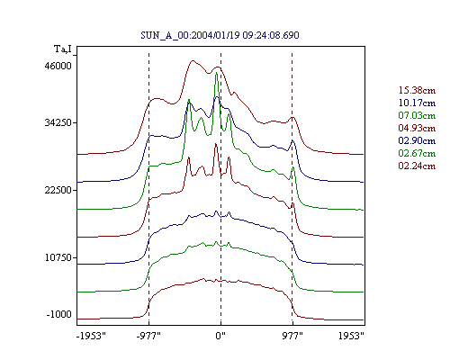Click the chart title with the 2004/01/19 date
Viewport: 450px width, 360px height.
point(220,35)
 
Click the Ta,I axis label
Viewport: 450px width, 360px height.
point(63,49)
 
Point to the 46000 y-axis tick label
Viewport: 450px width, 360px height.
point(58,66)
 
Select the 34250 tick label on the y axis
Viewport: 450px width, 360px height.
point(58,122)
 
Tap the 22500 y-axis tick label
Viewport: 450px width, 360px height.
point(58,190)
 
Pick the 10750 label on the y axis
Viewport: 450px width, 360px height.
point(58,257)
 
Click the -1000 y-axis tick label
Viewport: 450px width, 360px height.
point(59,314)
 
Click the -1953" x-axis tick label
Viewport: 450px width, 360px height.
point(91,336)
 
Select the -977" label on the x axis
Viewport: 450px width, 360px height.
point(148,336)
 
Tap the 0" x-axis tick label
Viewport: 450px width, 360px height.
point(220,336)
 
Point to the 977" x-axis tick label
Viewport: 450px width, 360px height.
point(292,336)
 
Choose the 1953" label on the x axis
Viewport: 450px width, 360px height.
point(351,336)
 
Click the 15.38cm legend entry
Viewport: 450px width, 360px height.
point(417,90)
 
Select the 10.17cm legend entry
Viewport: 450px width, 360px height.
point(417,103)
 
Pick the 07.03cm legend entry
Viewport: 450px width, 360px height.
point(417,115)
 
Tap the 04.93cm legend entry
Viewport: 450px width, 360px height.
point(417,128)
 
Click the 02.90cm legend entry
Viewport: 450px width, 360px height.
point(417,140)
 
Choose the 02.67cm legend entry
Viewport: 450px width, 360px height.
point(417,153)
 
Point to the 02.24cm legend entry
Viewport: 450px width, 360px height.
point(417,166)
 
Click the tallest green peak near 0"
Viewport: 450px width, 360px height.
point(216,73)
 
